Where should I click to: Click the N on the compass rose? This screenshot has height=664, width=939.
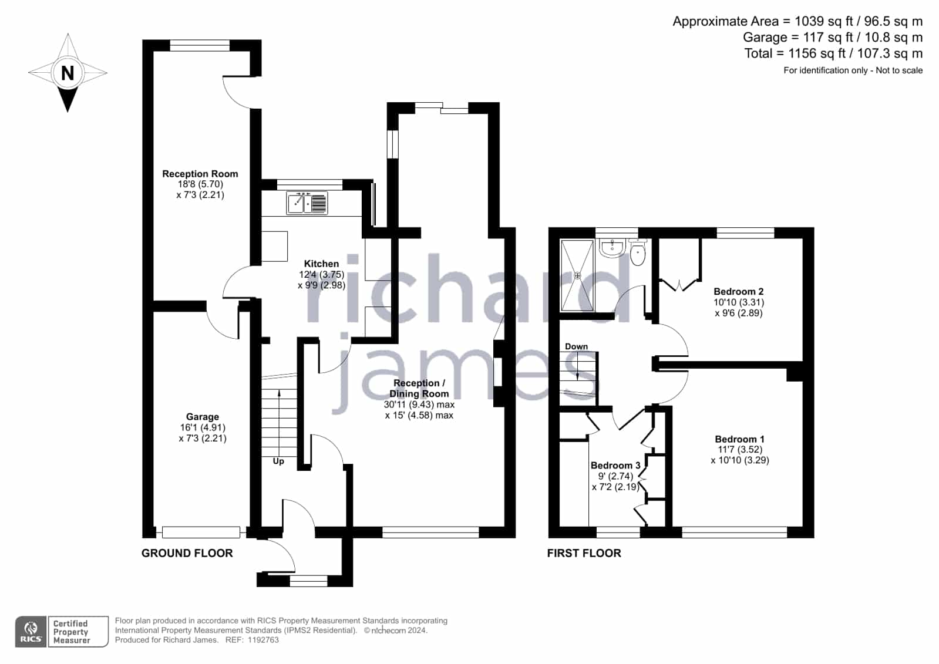tap(68, 73)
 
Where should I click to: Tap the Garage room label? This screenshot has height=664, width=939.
tap(203, 417)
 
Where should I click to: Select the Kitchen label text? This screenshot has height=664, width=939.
tap(321, 264)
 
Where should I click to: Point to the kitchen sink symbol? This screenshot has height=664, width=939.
tap(307, 203)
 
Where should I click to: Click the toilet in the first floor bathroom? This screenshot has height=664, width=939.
tap(638, 252)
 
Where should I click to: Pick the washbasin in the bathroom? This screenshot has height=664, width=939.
tap(612, 248)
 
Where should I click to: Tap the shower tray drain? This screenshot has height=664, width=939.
tap(577, 275)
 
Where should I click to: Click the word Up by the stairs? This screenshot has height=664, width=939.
tap(278, 461)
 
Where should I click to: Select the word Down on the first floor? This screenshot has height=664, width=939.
tap(577, 346)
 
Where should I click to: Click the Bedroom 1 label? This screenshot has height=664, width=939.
tap(739, 439)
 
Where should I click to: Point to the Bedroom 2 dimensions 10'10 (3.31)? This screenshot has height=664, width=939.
tap(739, 302)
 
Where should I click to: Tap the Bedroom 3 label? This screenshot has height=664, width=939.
tap(615, 466)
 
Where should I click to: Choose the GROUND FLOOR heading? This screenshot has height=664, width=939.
tap(187, 553)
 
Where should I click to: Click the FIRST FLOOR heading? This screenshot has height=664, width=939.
tap(584, 553)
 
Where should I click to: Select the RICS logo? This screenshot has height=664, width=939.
tap(31, 632)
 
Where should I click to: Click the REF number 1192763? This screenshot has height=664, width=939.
tap(263, 640)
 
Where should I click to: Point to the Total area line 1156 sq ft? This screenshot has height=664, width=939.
tap(833, 53)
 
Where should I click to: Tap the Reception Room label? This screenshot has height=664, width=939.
tap(200, 174)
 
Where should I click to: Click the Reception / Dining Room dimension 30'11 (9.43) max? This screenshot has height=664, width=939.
tap(419, 405)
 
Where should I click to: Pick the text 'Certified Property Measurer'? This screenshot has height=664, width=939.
tap(71, 632)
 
